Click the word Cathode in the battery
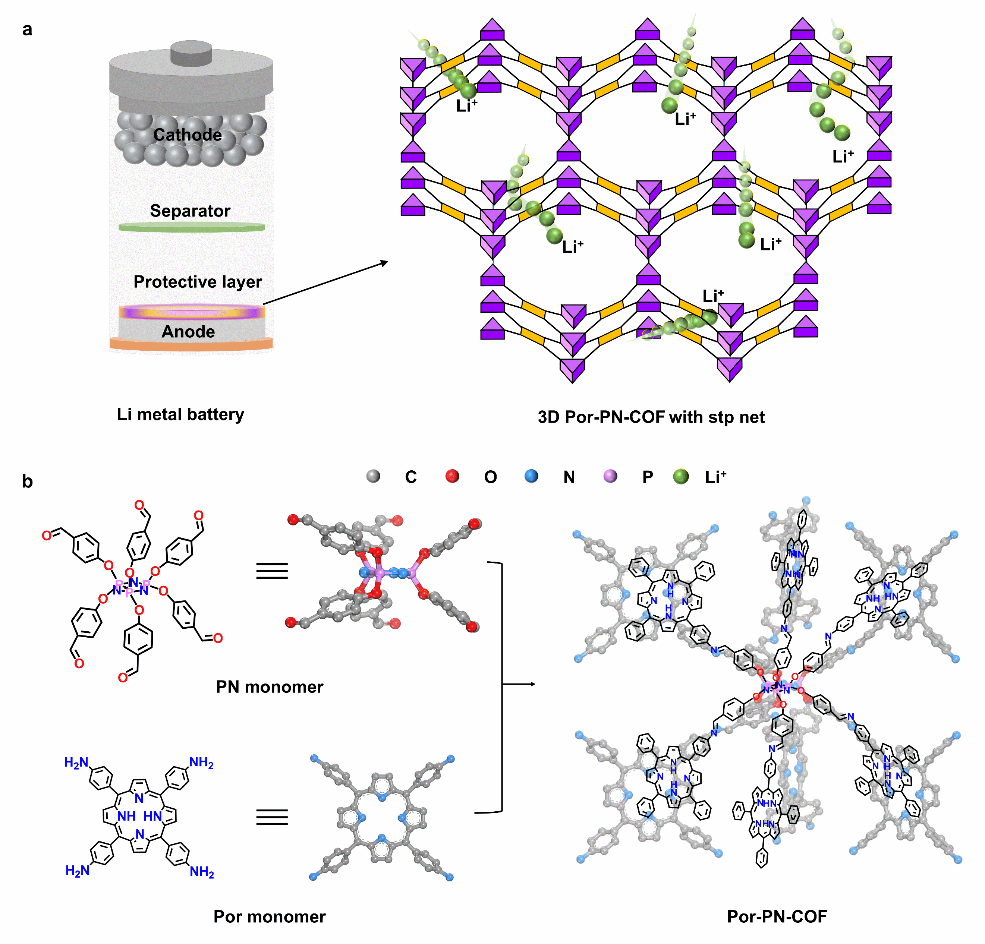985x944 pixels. click(x=188, y=135)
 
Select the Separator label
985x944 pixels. click(x=190, y=211)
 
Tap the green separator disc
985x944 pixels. click(x=192, y=227)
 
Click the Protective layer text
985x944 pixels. click(x=198, y=282)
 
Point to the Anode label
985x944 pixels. click(x=188, y=332)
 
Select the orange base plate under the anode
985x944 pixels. click(x=191, y=344)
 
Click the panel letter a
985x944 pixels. click(x=27, y=30)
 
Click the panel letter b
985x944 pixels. click(x=27, y=481)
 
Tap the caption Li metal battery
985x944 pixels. click(x=180, y=414)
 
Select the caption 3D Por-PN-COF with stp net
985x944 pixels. click(x=651, y=417)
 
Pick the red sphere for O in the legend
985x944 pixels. click(x=452, y=476)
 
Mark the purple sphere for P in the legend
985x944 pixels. click(x=610, y=476)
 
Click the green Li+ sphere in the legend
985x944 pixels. click(x=681, y=476)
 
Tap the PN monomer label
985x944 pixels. click(x=270, y=687)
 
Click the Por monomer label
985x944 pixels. click(x=270, y=917)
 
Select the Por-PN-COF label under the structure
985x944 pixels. click(x=777, y=917)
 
